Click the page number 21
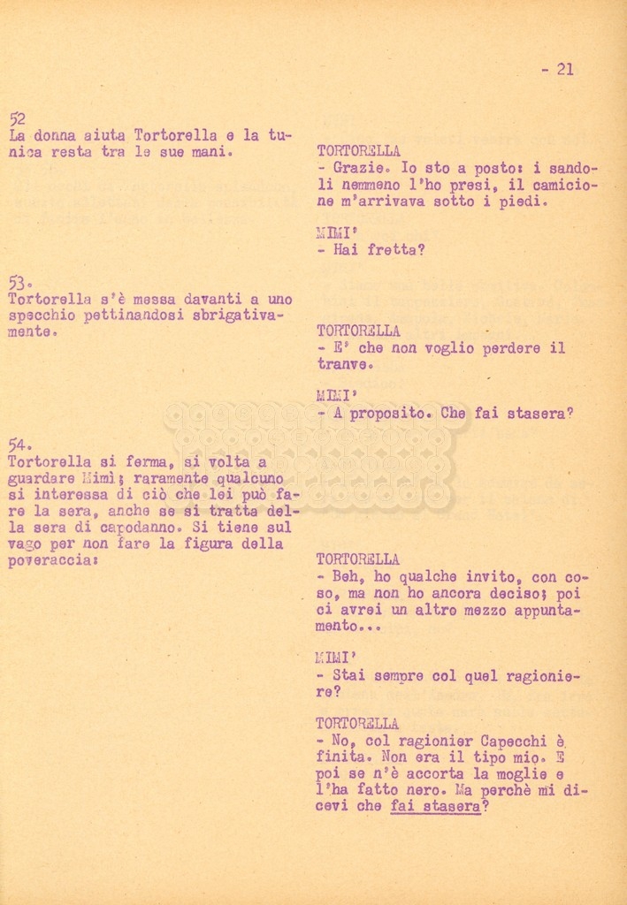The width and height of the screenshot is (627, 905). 564,69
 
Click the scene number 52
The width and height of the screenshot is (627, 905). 17,118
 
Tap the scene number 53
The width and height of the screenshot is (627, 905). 18,282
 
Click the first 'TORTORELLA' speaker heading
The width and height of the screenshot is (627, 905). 357,151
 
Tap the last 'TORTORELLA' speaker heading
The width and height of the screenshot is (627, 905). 357,723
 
